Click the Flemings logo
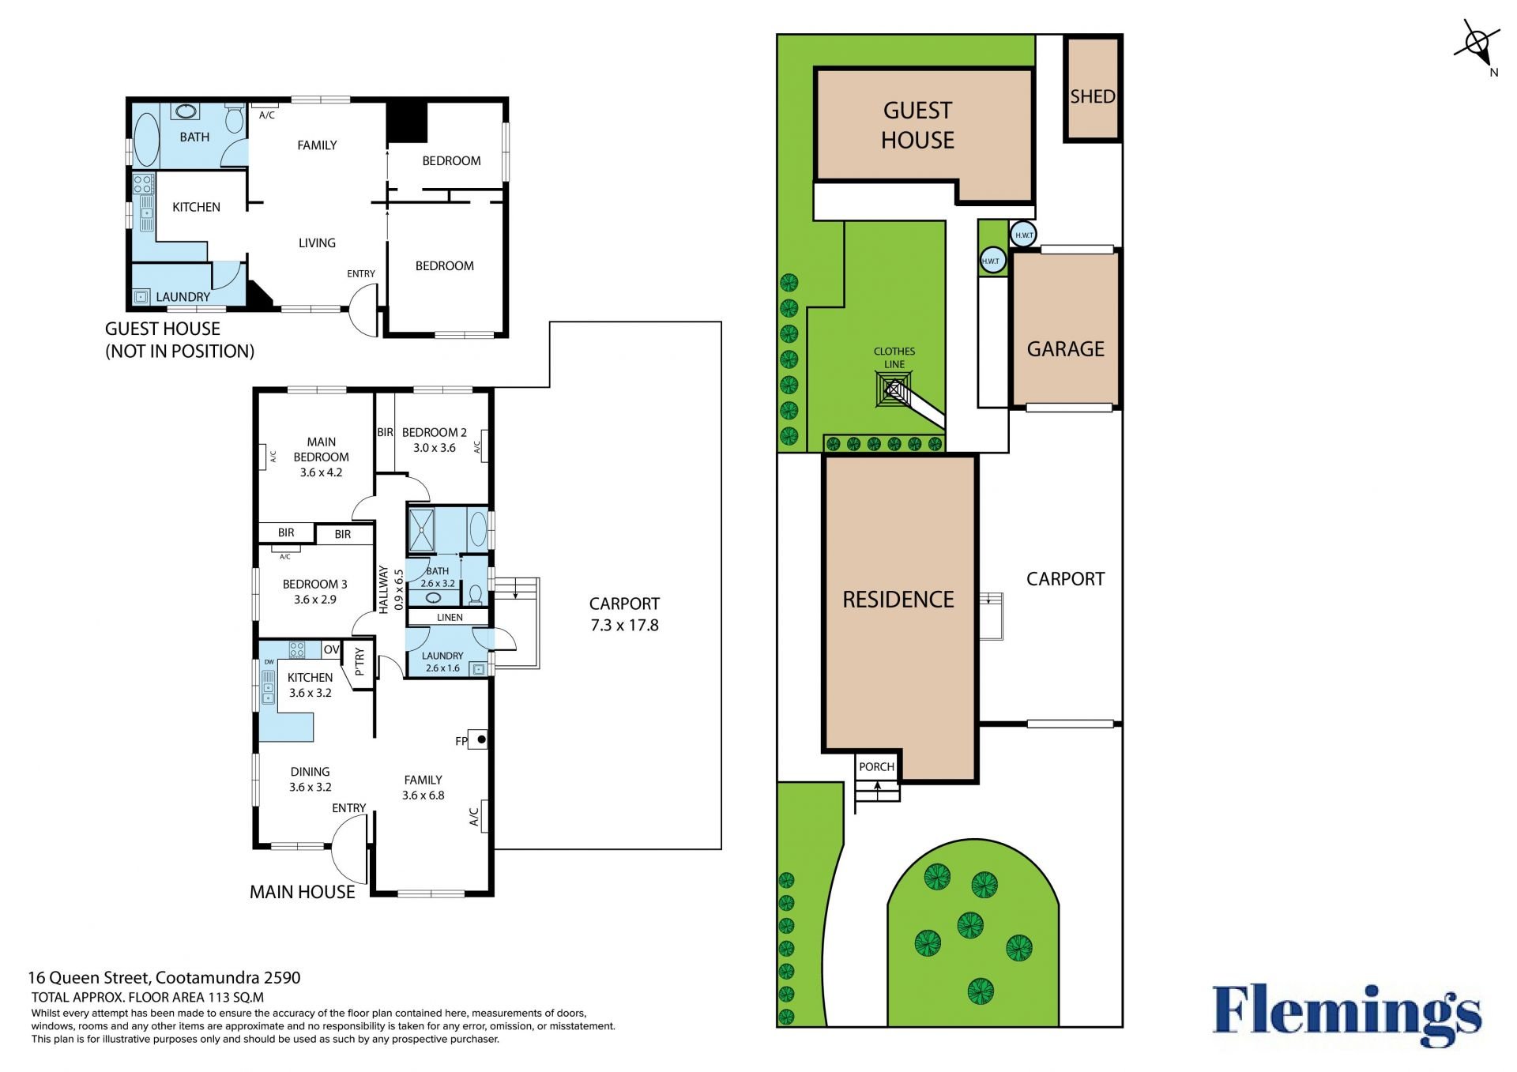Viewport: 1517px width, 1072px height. (1346, 1014)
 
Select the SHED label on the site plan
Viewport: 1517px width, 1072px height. (1093, 96)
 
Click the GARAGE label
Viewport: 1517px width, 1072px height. (1065, 349)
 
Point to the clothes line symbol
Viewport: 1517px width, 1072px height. (894, 389)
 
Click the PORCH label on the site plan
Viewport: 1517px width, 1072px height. (876, 767)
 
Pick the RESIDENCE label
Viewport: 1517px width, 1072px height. (898, 600)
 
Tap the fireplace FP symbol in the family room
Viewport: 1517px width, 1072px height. (478, 739)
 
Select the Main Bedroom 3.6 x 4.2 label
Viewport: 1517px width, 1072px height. (321, 457)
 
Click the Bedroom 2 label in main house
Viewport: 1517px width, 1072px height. (434, 433)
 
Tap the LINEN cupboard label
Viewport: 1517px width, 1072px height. (450, 618)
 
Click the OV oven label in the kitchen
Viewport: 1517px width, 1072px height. (331, 649)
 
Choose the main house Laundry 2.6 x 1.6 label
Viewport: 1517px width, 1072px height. (442, 662)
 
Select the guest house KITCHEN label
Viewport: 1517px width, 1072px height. (196, 207)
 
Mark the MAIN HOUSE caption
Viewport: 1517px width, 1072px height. (303, 893)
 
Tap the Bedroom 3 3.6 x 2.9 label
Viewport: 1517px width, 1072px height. (315, 592)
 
